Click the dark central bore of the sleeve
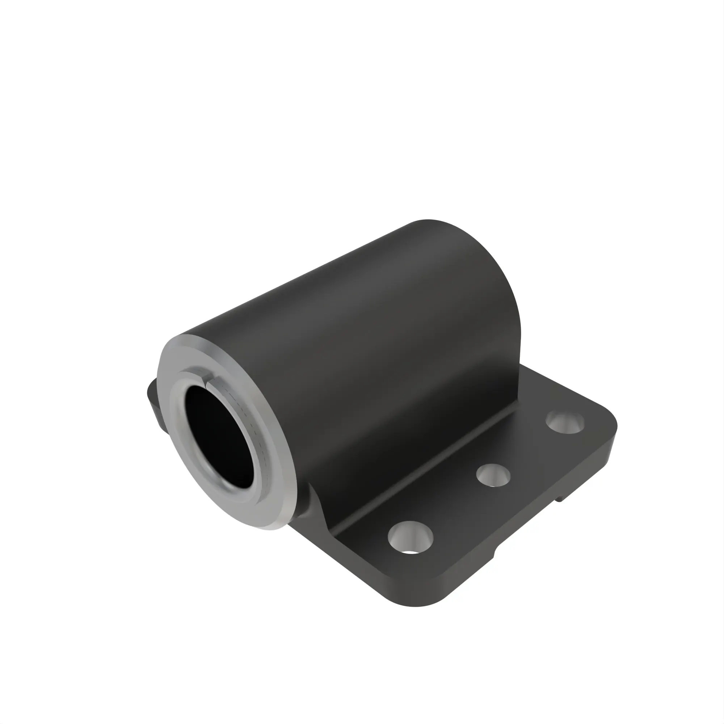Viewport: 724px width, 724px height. coord(219,435)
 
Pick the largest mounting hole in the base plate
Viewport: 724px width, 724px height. coord(411,537)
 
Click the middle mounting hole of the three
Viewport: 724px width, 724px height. coord(493,475)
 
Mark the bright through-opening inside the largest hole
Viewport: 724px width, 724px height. coord(411,552)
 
